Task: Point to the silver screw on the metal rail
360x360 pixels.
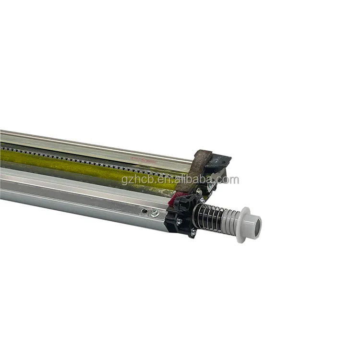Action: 154,212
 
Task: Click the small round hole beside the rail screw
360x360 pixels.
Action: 143,210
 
